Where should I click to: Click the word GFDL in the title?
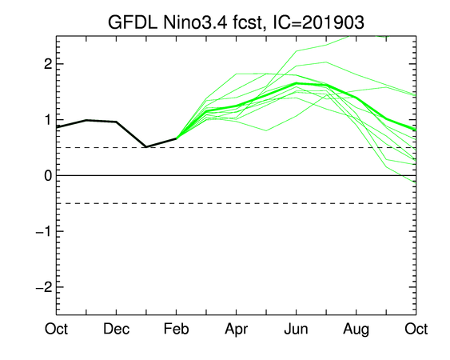(x=133, y=22)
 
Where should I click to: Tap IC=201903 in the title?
(x=318, y=22)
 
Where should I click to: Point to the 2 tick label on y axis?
(x=48, y=64)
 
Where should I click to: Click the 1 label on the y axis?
(x=48, y=120)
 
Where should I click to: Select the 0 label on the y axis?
(x=48, y=175)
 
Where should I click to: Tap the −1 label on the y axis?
(x=44, y=231)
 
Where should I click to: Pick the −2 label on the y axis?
(x=44, y=287)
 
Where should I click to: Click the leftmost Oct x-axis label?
(x=56, y=329)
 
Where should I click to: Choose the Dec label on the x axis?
(x=116, y=329)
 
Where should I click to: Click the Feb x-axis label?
(x=176, y=329)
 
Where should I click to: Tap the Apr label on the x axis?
(x=237, y=330)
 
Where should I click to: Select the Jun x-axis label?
(x=297, y=329)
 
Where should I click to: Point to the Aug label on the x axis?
(x=356, y=330)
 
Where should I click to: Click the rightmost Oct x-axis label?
(x=416, y=329)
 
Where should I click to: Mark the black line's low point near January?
(x=146, y=147)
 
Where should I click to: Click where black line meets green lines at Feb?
(x=176, y=138)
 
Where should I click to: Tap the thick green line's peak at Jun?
(x=297, y=83)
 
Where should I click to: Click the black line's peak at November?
(x=86, y=120)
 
